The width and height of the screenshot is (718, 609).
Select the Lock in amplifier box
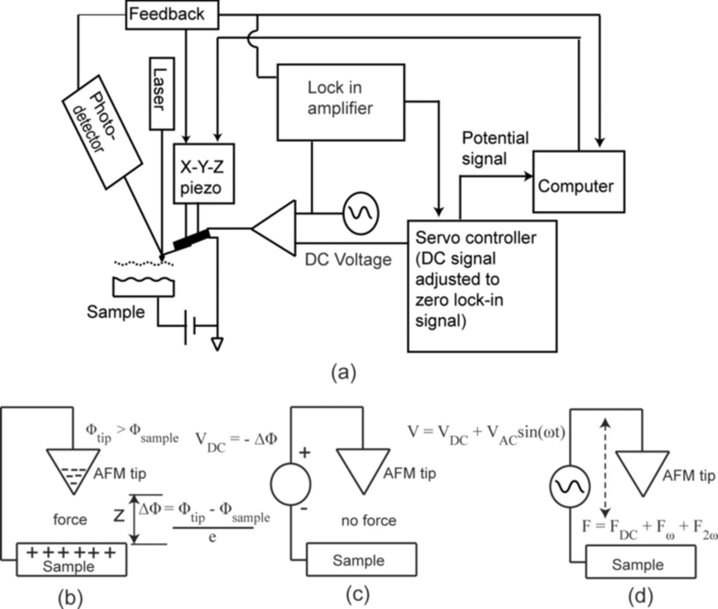(x=340, y=101)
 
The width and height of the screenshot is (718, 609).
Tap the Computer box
(x=578, y=182)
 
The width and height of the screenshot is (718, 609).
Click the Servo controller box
(x=482, y=286)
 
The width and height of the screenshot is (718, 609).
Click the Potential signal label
(x=495, y=149)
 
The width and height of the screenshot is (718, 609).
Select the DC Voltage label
(x=348, y=260)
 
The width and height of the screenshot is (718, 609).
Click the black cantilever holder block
(x=191, y=239)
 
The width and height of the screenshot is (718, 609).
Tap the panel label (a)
(x=343, y=372)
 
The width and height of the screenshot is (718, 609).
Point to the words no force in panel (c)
(x=369, y=520)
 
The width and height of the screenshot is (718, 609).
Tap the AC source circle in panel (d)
(x=568, y=488)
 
